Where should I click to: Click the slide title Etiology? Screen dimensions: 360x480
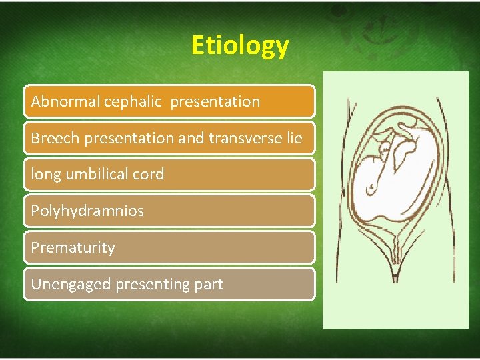tap(239, 45)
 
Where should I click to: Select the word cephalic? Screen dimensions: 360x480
tap(132, 102)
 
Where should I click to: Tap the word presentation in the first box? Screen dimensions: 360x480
tap(215, 102)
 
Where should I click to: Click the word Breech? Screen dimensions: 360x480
tap(51, 139)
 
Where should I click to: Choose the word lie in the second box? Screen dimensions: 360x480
tap(294, 139)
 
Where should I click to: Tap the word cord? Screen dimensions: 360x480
tap(148, 175)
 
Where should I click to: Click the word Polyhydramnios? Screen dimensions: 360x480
tap(87, 211)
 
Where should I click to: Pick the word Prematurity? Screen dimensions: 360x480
tap(73, 247)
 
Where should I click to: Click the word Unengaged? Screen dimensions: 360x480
tap(71, 284)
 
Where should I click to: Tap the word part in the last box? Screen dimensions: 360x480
tap(209, 284)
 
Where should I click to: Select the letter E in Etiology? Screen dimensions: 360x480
tap(198, 45)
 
